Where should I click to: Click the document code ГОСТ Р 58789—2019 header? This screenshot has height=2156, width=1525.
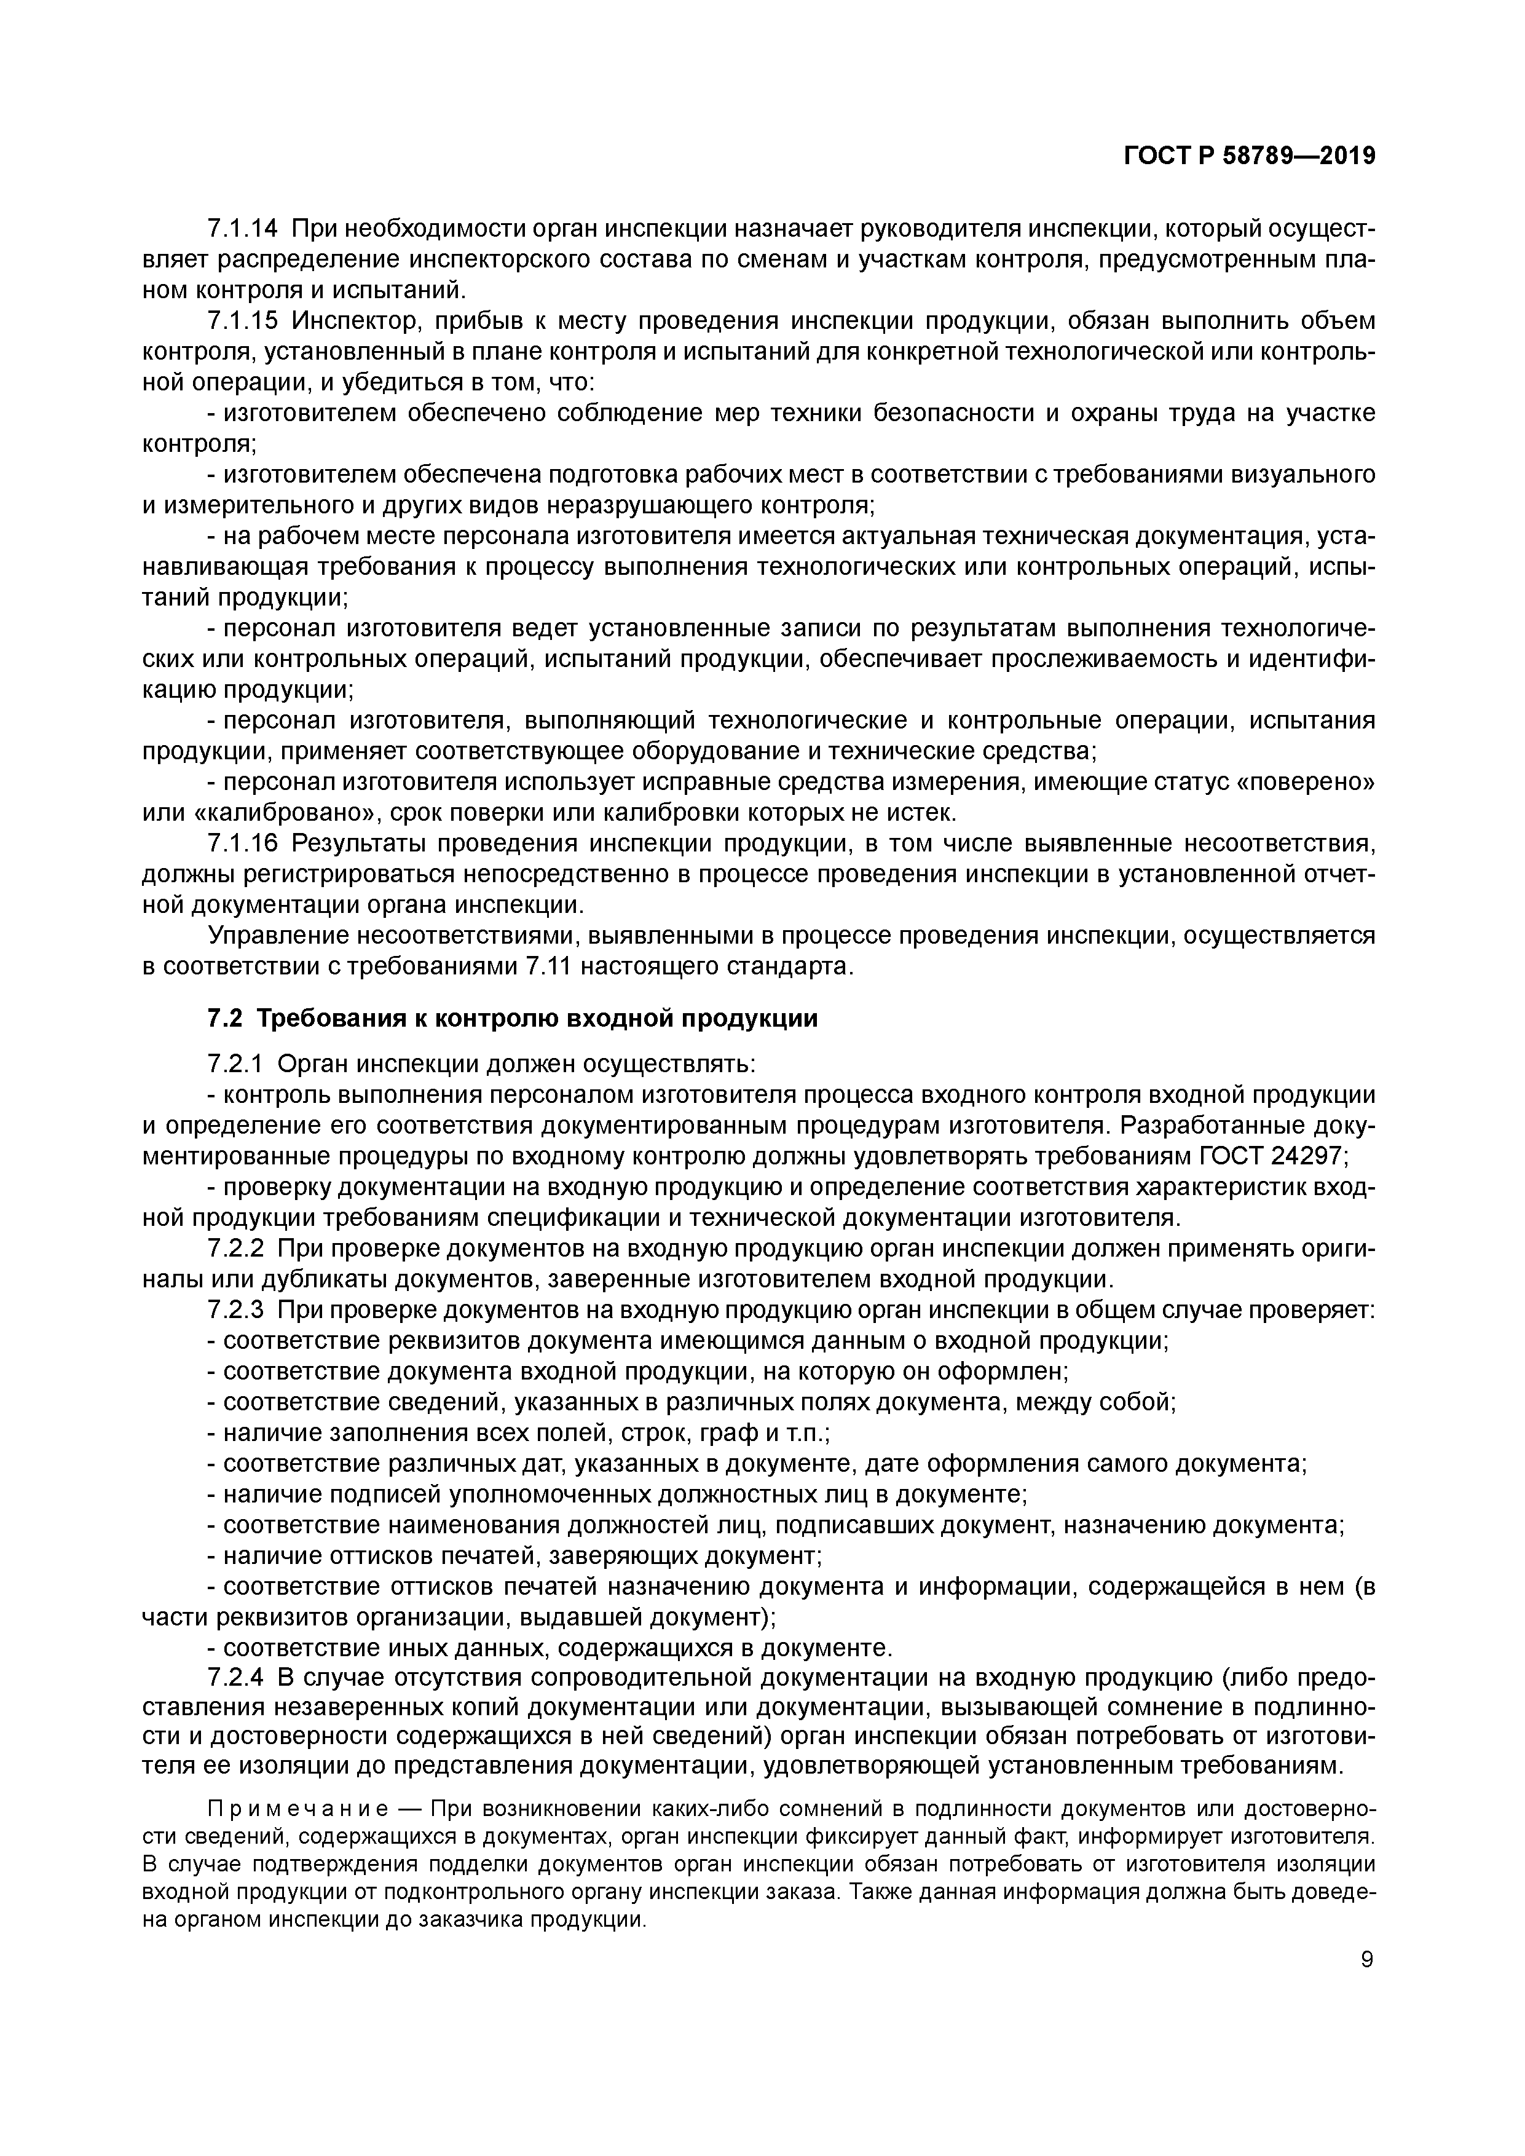1249,157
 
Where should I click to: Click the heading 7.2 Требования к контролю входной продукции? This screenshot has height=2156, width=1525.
512,1018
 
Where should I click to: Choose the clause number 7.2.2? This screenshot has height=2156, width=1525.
235,1249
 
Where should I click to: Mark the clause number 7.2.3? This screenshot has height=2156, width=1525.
235,1310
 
